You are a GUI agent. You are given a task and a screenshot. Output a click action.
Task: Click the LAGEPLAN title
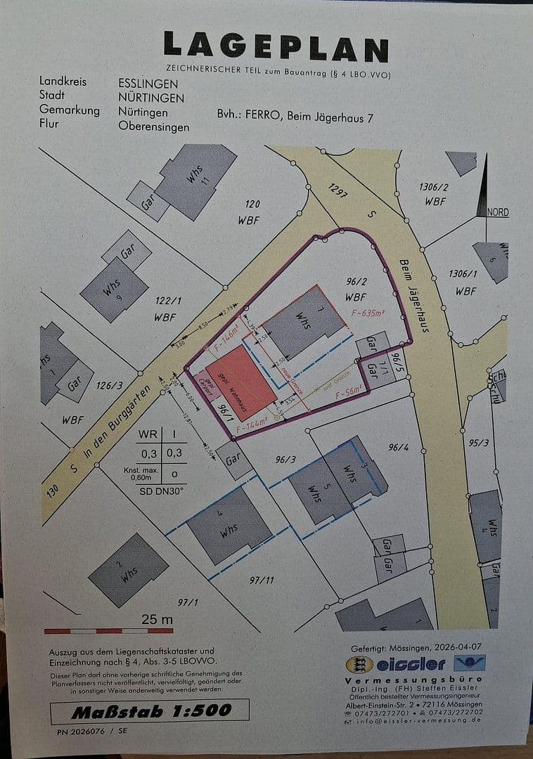tap(276, 47)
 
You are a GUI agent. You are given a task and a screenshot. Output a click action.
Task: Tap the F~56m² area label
tap(349, 394)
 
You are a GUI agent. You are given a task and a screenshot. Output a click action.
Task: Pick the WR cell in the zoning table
tap(148, 434)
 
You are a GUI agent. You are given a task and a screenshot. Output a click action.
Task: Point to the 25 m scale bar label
tap(157, 619)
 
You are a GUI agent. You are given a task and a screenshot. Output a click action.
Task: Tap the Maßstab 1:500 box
tap(150, 711)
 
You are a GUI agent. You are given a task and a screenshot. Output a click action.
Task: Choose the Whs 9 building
tap(114, 289)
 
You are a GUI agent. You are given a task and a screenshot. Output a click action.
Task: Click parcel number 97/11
tap(261, 580)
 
